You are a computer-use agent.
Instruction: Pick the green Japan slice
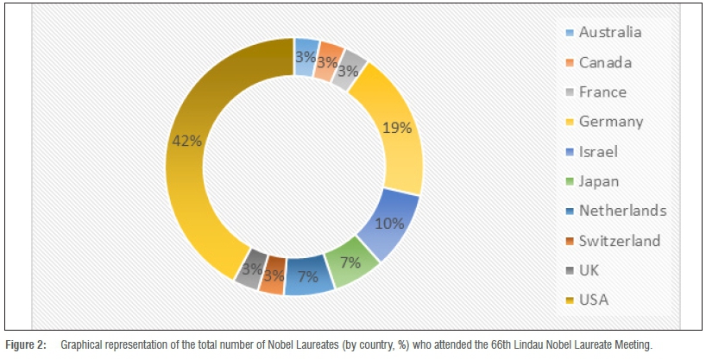click(352, 263)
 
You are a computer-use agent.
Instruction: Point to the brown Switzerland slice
click(273, 275)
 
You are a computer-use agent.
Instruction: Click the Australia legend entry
click(609, 33)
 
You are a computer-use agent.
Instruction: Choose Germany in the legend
click(610, 122)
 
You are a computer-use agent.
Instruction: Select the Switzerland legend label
click(619, 241)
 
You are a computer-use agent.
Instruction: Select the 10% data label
click(389, 223)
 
